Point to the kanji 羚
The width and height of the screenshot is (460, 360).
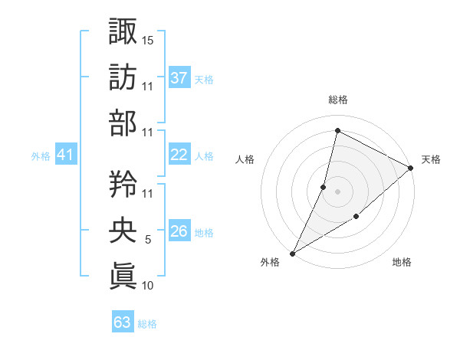pos(123,184)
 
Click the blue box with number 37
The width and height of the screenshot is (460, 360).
pos(179,77)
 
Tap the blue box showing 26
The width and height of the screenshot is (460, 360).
pos(179,232)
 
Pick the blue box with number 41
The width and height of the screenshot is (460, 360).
pos(66,155)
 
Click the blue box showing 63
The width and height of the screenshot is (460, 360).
pos(123,322)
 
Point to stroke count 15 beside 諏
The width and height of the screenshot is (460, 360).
pos(148,39)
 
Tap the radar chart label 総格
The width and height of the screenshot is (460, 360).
pos(337,100)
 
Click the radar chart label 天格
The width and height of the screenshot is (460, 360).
pos(431,159)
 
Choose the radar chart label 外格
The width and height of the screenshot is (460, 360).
pos(270,263)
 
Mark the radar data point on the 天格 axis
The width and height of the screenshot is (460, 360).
pos(411,168)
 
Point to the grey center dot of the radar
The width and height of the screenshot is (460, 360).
pos(337,191)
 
